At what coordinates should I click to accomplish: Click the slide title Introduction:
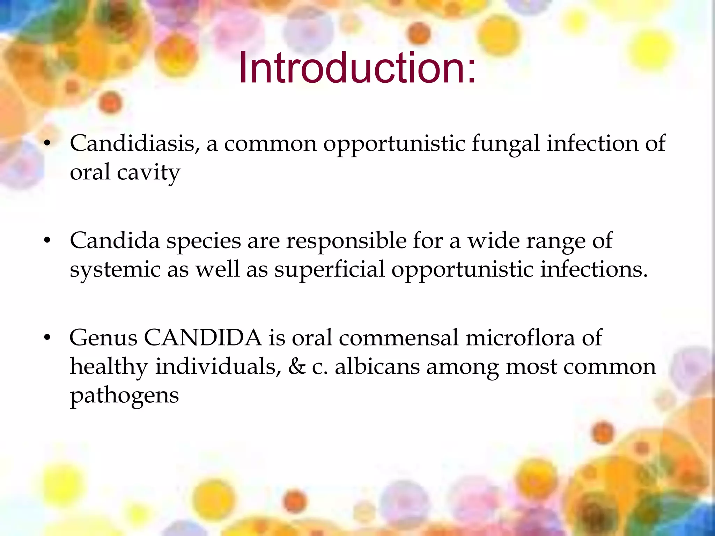(x=357, y=68)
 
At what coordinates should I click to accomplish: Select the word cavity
(x=148, y=172)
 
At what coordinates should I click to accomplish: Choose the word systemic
(x=115, y=270)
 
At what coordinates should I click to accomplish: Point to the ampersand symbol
(x=297, y=367)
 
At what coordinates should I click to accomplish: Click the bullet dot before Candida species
(x=47, y=240)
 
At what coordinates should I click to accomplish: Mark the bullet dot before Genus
(x=47, y=337)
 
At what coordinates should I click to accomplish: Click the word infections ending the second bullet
(x=594, y=269)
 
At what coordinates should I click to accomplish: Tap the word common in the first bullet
(x=270, y=144)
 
